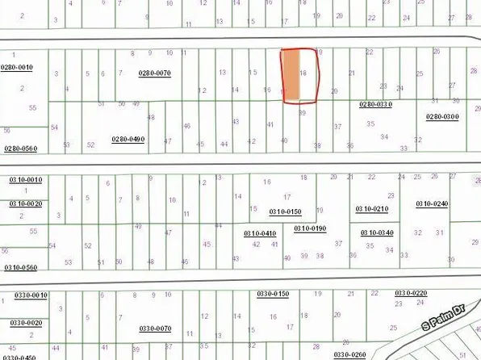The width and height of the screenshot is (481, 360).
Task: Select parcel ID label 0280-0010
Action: click(x=16, y=68)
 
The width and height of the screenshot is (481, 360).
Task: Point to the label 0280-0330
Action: click(x=374, y=104)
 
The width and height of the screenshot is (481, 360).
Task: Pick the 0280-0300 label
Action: click(x=441, y=117)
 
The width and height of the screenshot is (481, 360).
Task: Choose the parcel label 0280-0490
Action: click(x=128, y=139)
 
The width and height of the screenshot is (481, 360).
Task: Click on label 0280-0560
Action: click(x=20, y=149)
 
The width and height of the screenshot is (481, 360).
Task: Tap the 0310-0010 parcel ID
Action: click(x=24, y=179)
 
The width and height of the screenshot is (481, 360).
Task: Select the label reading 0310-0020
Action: click(x=24, y=204)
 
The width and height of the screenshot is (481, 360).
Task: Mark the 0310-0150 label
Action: click(x=284, y=211)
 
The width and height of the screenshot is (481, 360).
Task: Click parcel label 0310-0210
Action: click(x=371, y=209)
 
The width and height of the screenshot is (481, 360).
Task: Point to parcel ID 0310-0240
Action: click(x=431, y=203)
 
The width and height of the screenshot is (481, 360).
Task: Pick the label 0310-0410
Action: click(x=260, y=233)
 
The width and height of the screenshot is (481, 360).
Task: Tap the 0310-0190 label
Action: click(x=309, y=228)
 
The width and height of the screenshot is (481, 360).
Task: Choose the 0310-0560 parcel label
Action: click(x=20, y=267)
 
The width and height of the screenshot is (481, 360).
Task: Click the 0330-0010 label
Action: click(x=30, y=295)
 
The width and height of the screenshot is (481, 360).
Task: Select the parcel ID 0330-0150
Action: click(x=272, y=293)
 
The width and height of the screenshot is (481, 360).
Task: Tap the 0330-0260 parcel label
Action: click(x=350, y=354)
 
